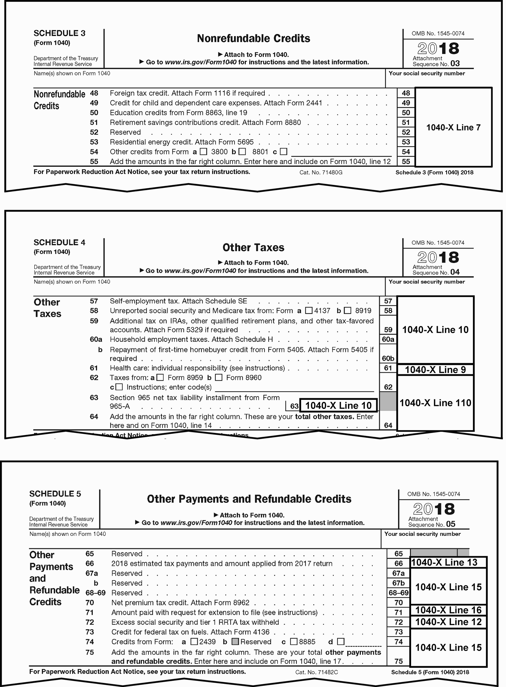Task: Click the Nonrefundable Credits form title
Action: pyautogui.click(x=253, y=39)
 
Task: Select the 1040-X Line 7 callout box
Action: pyautogui.click(x=453, y=127)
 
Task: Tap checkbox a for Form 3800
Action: pyautogui.click(x=204, y=151)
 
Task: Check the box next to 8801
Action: pyautogui.click(x=242, y=151)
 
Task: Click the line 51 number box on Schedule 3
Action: pyautogui.click(x=406, y=123)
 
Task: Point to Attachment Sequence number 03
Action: pyautogui.click(x=455, y=64)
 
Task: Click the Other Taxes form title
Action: pyautogui.click(x=253, y=247)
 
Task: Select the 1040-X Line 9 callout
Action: pyautogui.click(x=435, y=370)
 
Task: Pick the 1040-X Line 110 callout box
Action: pyautogui.click(x=435, y=403)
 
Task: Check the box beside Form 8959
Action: pyautogui.click(x=160, y=378)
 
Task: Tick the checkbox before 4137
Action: pyautogui.click(x=309, y=311)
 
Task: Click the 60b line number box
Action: pyautogui.click(x=388, y=358)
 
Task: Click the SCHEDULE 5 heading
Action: pyautogui.click(x=55, y=494)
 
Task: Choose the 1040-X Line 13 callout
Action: pyautogui.click(x=448, y=563)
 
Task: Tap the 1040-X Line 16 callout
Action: pyautogui.click(x=448, y=610)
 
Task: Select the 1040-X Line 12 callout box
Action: pyautogui.click(x=448, y=622)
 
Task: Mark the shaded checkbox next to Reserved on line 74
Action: pyautogui.click(x=235, y=642)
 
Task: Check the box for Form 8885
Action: pyautogui.click(x=294, y=642)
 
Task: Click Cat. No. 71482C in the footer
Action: pyautogui.click(x=316, y=672)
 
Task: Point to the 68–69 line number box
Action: pyautogui.click(x=398, y=593)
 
